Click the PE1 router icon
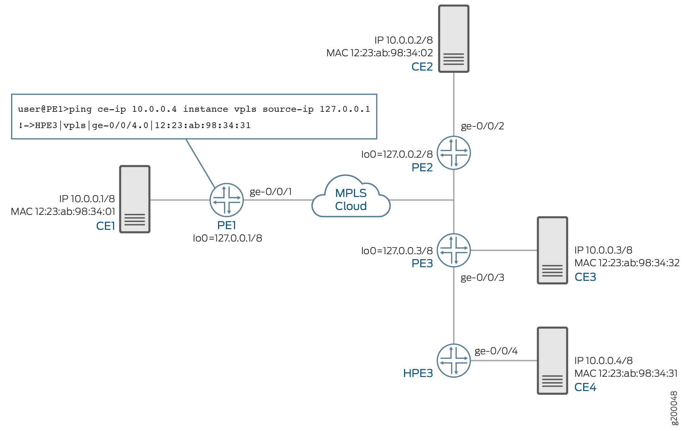(x=227, y=200)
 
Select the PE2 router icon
(x=453, y=153)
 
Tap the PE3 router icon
(x=453, y=250)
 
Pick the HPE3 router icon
(x=453, y=360)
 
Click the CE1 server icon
(x=135, y=199)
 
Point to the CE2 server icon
(x=453, y=39)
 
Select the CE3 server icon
(x=552, y=250)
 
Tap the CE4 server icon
(x=552, y=360)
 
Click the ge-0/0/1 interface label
(x=270, y=191)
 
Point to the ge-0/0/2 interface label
(x=482, y=126)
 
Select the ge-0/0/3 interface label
(x=482, y=277)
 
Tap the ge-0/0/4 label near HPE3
(x=496, y=351)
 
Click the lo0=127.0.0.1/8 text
(x=227, y=238)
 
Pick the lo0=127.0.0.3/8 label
(x=397, y=251)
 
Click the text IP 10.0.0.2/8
(x=403, y=40)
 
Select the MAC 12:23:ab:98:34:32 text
(x=627, y=263)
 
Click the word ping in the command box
(x=80, y=109)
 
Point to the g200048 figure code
(x=674, y=408)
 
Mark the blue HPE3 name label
(x=418, y=373)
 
